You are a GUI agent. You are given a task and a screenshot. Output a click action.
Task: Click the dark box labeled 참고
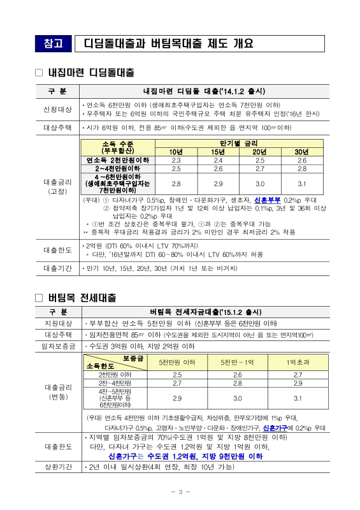[55, 44]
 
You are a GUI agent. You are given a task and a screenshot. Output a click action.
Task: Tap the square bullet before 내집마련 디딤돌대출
[39, 73]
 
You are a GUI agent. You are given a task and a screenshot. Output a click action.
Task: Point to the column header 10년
[176, 151]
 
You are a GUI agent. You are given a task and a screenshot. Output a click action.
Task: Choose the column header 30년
[302, 151]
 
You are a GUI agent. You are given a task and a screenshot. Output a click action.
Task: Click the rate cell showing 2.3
[176, 160]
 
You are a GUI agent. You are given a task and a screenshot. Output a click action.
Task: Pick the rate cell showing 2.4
[218, 160]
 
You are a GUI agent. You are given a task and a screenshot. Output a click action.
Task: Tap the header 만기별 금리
[239, 143]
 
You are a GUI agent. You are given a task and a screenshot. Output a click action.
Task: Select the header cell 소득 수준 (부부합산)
[118, 147]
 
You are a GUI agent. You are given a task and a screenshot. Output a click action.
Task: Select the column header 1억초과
[298, 362]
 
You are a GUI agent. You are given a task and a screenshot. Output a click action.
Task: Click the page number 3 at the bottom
[180, 492]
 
